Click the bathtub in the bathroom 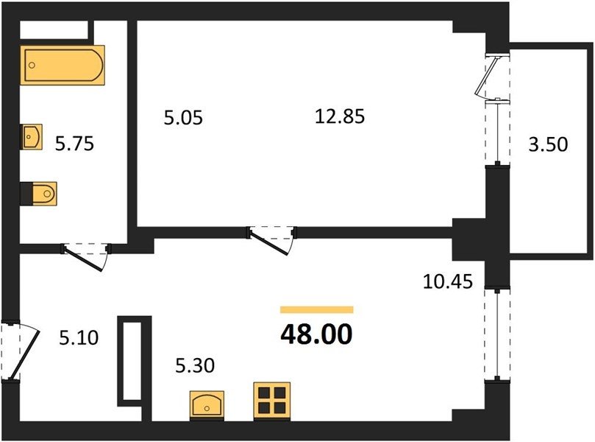pyautogui.click(x=63, y=65)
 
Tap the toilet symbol pyautogui.click(x=39, y=194)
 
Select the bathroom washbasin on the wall pyautogui.click(x=31, y=137)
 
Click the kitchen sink pyautogui.click(x=207, y=405)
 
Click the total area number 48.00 pyautogui.click(x=316, y=334)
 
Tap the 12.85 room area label pyautogui.click(x=340, y=116)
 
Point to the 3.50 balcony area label pyautogui.click(x=549, y=144)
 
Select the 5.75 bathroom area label pyautogui.click(x=74, y=144)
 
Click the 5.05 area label pyautogui.click(x=183, y=117)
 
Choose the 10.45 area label pyautogui.click(x=448, y=281)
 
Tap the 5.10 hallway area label pyautogui.click(x=79, y=337)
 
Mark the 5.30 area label pyautogui.click(x=195, y=365)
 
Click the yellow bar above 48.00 pyautogui.click(x=317, y=309)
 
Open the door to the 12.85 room pyautogui.click(x=271, y=241)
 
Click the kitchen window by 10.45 pyautogui.click(x=497, y=334)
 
